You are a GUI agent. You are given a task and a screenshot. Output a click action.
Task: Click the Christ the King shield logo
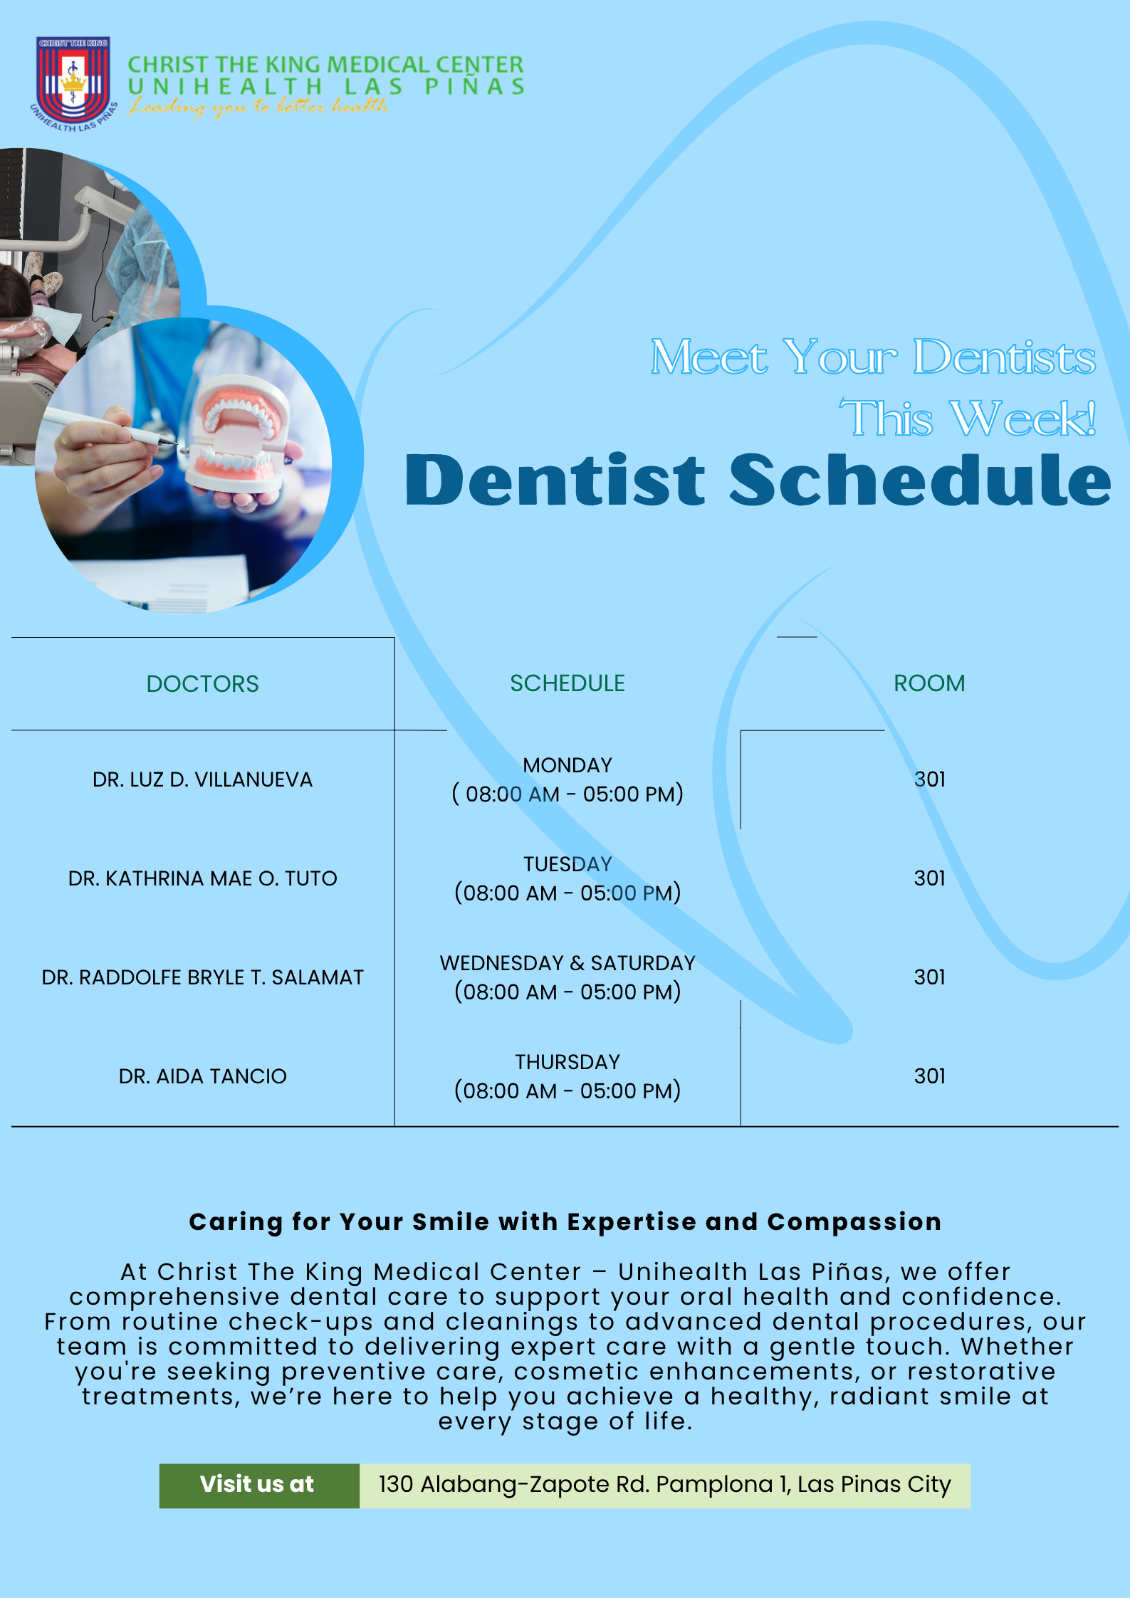coord(73,82)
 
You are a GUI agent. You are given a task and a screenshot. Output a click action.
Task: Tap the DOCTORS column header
coord(203,684)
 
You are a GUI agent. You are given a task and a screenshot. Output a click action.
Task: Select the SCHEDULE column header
coord(567,683)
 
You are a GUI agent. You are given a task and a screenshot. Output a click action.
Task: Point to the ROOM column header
coord(929,683)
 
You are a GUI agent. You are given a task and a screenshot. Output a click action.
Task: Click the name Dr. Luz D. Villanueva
coord(203,779)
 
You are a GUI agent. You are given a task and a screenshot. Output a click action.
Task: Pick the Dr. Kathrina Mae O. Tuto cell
coord(203,878)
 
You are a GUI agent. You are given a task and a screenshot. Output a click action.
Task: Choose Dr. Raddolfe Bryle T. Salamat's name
coord(203,977)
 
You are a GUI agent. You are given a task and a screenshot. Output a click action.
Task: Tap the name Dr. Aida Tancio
coord(203,1076)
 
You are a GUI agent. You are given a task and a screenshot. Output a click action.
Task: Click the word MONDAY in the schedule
coord(567,765)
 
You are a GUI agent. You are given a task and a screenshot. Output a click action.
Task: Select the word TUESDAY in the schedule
coord(567,864)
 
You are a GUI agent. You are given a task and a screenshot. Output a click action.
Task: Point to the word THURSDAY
coord(567,1062)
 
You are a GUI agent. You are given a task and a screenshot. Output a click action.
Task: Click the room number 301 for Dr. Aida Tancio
coord(930,1076)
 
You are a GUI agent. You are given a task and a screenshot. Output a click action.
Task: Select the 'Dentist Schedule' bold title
coord(758,480)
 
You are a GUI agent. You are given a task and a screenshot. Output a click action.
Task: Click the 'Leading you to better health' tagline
coord(258,107)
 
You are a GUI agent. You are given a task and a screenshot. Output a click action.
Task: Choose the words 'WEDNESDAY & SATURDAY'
coord(567,963)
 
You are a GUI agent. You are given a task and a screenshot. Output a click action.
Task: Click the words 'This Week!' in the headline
coord(968,419)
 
